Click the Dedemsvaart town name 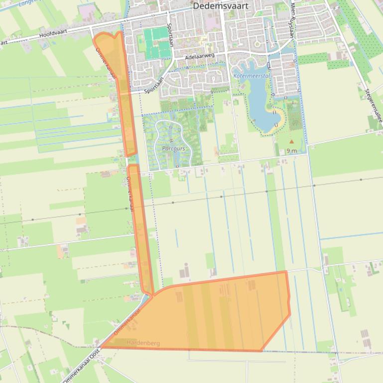point(221,6)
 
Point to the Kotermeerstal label point(252,76)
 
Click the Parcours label point(173,148)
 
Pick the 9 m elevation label point(292,151)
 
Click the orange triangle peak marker point(292,142)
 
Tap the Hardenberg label point(143,343)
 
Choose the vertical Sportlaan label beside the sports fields point(170,35)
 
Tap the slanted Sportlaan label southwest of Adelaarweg point(154,89)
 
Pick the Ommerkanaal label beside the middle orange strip point(127,194)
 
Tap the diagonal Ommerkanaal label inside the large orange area point(127,321)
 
